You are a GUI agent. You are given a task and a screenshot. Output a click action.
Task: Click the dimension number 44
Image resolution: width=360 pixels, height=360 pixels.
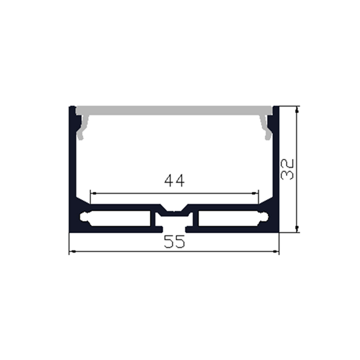point(175,181)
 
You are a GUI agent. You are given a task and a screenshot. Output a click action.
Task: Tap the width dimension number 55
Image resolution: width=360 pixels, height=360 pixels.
point(174,243)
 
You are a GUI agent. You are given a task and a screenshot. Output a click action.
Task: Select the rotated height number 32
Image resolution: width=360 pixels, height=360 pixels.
point(287,169)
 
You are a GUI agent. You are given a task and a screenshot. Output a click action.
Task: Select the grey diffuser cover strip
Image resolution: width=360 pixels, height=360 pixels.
point(175,110)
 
